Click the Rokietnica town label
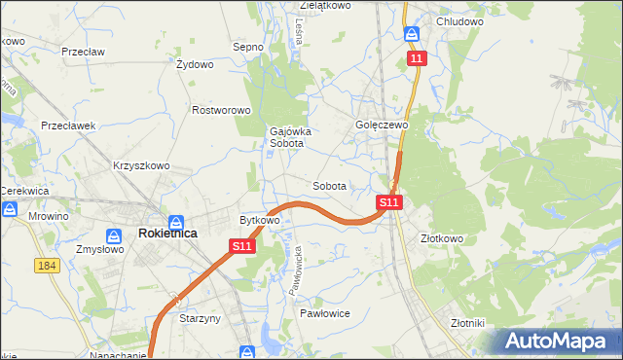click(168, 234)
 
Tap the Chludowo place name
click(460, 21)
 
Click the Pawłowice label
click(324, 313)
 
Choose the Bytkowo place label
click(260, 220)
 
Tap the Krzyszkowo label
click(141, 165)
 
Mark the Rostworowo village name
click(222, 111)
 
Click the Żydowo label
click(195, 65)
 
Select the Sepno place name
click(248, 46)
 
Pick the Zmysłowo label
click(99, 248)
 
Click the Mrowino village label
click(49, 216)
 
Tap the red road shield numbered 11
click(417, 59)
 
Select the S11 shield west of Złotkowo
click(389, 202)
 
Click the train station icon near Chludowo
click(413, 34)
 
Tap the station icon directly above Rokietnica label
click(176, 222)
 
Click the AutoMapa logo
click(560, 341)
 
